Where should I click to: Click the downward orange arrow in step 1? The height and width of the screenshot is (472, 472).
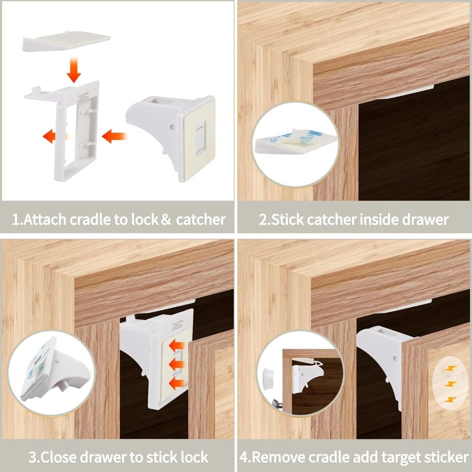pos(74,70)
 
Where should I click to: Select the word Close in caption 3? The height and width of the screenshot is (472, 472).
pos(64,457)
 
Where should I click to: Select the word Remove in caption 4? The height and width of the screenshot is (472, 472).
pos(283,457)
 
